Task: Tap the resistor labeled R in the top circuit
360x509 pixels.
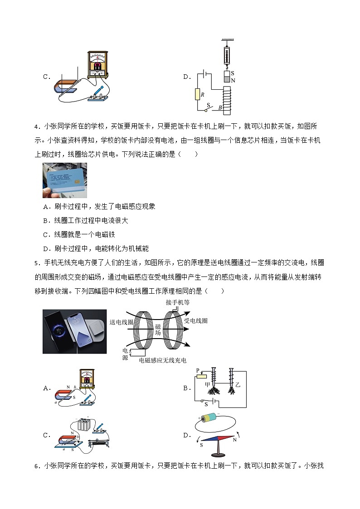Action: click(198, 94)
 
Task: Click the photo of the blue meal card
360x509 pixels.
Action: click(64, 180)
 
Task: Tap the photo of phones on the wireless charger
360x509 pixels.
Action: click(74, 331)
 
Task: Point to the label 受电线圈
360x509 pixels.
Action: click(195, 320)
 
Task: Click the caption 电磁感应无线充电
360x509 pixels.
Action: click(163, 360)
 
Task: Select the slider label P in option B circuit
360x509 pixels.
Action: click(198, 370)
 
